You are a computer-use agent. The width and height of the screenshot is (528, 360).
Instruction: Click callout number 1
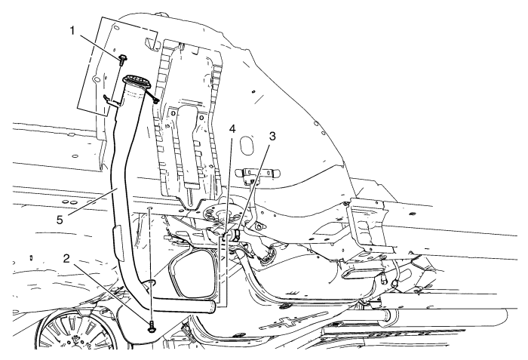(72, 31)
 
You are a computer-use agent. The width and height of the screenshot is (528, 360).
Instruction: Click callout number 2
(66, 259)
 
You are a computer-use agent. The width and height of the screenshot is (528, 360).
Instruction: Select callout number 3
(272, 136)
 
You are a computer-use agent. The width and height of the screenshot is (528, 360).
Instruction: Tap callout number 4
(232, 129)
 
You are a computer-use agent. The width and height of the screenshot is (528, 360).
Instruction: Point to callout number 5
(60, 220)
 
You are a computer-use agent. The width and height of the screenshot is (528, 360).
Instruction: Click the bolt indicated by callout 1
(122, 60)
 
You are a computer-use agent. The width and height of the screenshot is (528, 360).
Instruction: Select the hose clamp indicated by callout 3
(235, 235)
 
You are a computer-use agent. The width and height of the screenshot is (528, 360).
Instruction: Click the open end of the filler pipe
(213, 306)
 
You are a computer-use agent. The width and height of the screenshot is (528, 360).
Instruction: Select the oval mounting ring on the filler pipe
(151, 282)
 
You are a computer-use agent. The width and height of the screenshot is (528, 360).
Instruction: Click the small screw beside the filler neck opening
(155, 100)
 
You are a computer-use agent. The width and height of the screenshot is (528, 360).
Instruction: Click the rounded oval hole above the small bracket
(247, 146)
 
